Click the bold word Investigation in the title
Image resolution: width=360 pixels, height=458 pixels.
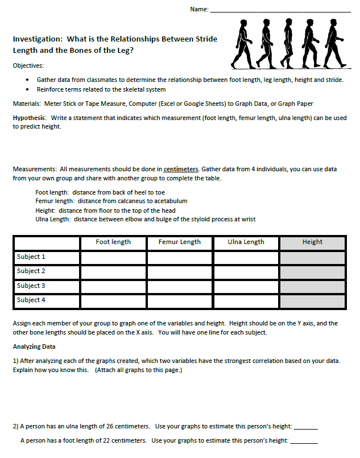pyautogui.click(x=37, y=39)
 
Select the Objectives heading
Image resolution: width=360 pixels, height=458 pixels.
pyautogui.click(x=28, y=65)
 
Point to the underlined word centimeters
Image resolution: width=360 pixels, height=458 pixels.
pyautogui.click(x=181, y=169)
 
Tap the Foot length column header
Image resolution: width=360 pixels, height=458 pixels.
pyautogui.click(x=113, y=242)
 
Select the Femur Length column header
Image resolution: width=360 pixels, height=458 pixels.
pyautogui.click(x=180, y=242)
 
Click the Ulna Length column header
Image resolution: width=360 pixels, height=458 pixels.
pyautogui.click(x=246, y=242)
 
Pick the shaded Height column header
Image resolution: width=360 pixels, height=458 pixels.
pyautogui.click(x=312, y=242)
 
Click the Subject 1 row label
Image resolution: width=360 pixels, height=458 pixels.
pyautogui.click(x=31, y=257)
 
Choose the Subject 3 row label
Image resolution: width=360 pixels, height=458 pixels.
pyautogui.click(x=31, y=286)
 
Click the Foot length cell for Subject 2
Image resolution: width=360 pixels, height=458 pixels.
pyautogui.click(x=113, y=272)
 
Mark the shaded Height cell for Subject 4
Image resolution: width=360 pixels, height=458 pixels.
pyautogui.click(x=312, y=300)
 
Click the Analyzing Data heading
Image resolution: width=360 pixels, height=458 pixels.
pyautogui.click(x=34, y=346)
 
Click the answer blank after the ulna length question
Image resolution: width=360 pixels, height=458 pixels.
pyautogui.click(x=305, y=427)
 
